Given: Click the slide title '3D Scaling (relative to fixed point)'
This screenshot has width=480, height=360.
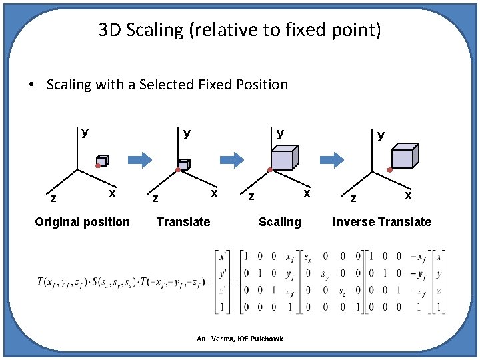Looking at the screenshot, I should coord(240,30).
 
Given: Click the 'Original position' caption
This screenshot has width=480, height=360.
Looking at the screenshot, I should coord(82,222).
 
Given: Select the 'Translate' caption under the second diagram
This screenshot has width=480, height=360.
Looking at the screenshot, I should coord(183,222).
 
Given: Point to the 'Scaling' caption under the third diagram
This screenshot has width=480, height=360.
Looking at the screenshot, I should coord(280,222).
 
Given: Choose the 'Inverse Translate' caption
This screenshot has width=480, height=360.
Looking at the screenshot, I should coord(382,222).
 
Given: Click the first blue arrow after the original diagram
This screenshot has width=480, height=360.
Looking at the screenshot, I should coord(140,159).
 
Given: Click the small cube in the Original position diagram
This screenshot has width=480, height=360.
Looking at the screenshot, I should coord(103,161).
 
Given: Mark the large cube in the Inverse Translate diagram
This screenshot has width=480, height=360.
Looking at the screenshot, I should coord(404,156).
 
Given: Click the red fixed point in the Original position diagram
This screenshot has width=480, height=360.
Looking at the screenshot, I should coord(97,165).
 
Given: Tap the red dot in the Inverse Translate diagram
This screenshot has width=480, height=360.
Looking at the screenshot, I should coord(390,170).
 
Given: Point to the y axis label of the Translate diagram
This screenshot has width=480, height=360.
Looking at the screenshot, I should coord(187,133).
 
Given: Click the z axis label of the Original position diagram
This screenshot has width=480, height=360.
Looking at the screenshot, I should coord(53,198).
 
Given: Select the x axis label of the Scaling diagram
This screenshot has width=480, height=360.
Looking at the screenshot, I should coord(307,193).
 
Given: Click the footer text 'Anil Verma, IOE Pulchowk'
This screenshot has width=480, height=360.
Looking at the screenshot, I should coord(240,339).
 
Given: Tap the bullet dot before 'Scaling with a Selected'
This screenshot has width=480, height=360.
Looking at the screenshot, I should coord(31,85).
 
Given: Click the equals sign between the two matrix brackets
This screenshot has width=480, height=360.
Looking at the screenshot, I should coord(235,281).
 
